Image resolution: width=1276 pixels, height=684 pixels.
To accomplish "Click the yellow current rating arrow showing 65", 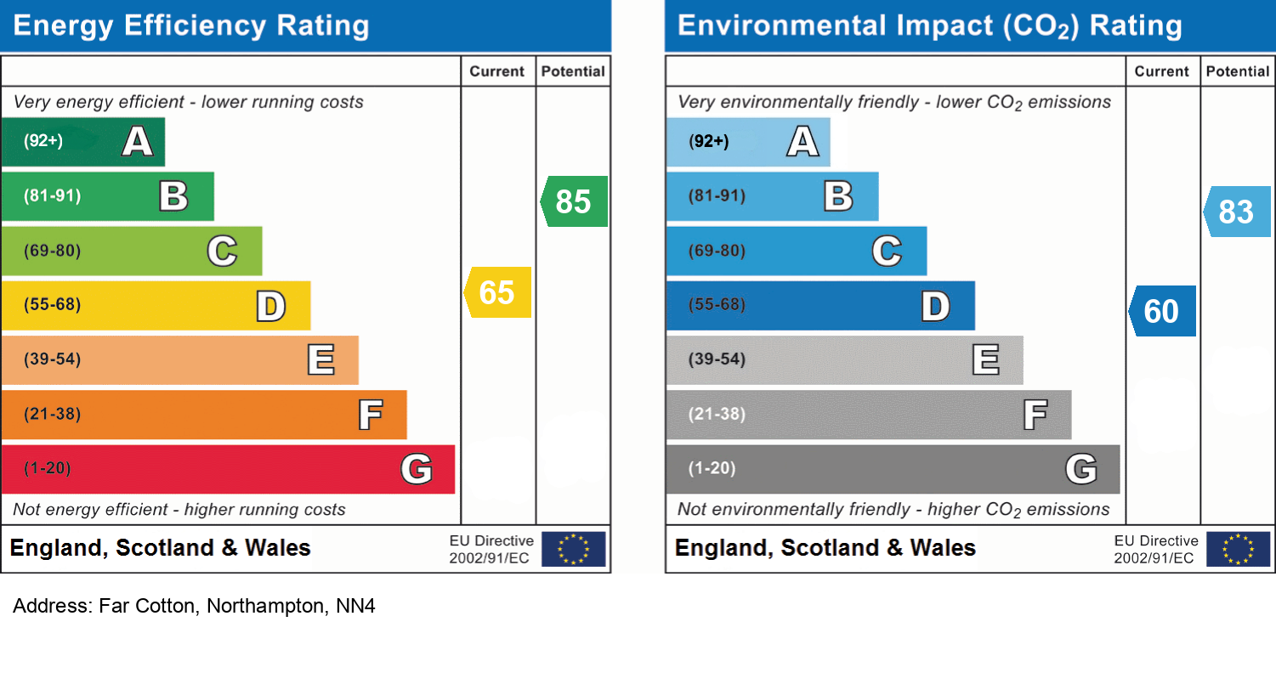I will [498, 292].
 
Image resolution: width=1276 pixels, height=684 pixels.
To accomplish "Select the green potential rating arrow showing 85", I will [574, 201].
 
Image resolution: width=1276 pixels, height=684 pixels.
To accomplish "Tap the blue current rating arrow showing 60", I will [1163, 311].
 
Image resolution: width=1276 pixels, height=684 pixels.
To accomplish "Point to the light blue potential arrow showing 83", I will [1237, 211].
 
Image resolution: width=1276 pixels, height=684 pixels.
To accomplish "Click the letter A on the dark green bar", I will [138, 141].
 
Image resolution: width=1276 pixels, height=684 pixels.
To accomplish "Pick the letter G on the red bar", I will [417, 469].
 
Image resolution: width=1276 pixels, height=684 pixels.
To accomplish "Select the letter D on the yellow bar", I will [271, 306].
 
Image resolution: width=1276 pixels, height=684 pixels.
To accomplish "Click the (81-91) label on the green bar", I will [53, 196].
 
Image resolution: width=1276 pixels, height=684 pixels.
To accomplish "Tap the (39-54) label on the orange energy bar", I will [53, 359].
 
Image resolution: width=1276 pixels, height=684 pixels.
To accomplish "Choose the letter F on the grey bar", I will [1035, 415].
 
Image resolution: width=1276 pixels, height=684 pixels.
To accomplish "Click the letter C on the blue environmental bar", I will [887, 252].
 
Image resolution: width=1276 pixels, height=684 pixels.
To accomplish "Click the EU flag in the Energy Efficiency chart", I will [574, 549].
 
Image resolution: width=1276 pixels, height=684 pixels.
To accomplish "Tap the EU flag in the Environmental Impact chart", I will [1239, 549].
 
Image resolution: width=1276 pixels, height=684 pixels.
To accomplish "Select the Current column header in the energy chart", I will [497, 72].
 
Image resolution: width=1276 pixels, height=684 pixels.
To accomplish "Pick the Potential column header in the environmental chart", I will [1238, 72].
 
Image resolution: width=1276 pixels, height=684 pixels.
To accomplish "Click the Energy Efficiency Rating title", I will [191, 26].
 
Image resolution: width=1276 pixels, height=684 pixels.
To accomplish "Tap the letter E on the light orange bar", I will [320, 360].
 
